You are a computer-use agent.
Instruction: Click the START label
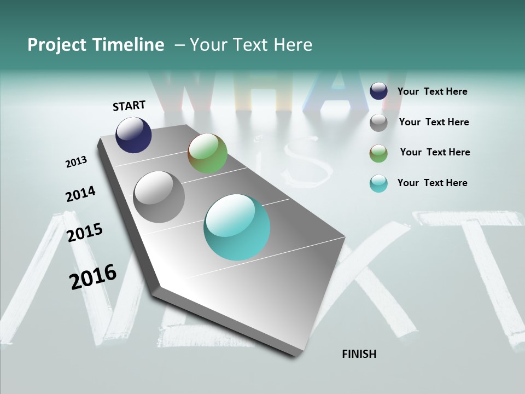(x=129, y=106)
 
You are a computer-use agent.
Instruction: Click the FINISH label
(x=359, y=354)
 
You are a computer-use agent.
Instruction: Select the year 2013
(x=76, y=162)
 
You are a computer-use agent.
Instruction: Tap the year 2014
(x=80, y=194)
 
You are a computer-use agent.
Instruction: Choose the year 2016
(x=93, y=276)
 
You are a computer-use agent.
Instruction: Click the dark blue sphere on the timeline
(x=133, y=135)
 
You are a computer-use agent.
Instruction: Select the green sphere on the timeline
(x=207, y=153)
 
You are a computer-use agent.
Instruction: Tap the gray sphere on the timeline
(x=159, y=197)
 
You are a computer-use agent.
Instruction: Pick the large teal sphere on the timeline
(x=237, y=227)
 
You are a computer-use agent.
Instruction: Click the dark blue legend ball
(x=378, y=91)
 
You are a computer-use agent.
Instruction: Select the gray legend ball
(x=378, y=123)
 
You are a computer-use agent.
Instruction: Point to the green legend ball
(x=378, y=153)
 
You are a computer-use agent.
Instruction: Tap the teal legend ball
(x=378, y=183)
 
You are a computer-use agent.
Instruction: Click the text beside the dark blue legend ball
(x=432, y=91)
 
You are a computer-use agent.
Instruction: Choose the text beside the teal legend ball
(x=432, y=183)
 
